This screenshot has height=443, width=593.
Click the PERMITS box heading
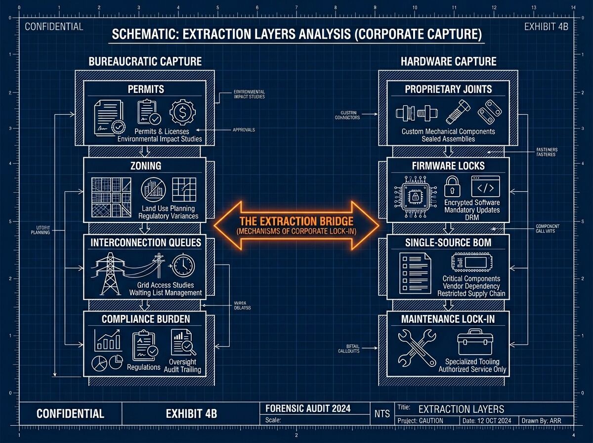(145, 89)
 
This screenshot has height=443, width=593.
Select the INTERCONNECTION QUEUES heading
(145, 242)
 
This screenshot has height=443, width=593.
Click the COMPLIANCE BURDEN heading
(145, 319)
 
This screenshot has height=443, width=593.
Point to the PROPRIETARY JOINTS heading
(448, 89)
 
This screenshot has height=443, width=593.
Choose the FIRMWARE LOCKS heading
(448, 166)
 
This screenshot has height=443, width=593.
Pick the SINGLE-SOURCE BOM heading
(448, 242)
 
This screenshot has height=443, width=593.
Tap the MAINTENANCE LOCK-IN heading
(448, 319)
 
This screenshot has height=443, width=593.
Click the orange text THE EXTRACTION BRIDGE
(296, 221)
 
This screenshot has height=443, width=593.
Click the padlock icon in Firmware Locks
(452, 187)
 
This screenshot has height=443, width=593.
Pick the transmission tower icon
(109, 274)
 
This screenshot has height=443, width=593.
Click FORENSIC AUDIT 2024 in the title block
(308, 408)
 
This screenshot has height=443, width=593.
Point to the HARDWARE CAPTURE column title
(448, 61)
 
